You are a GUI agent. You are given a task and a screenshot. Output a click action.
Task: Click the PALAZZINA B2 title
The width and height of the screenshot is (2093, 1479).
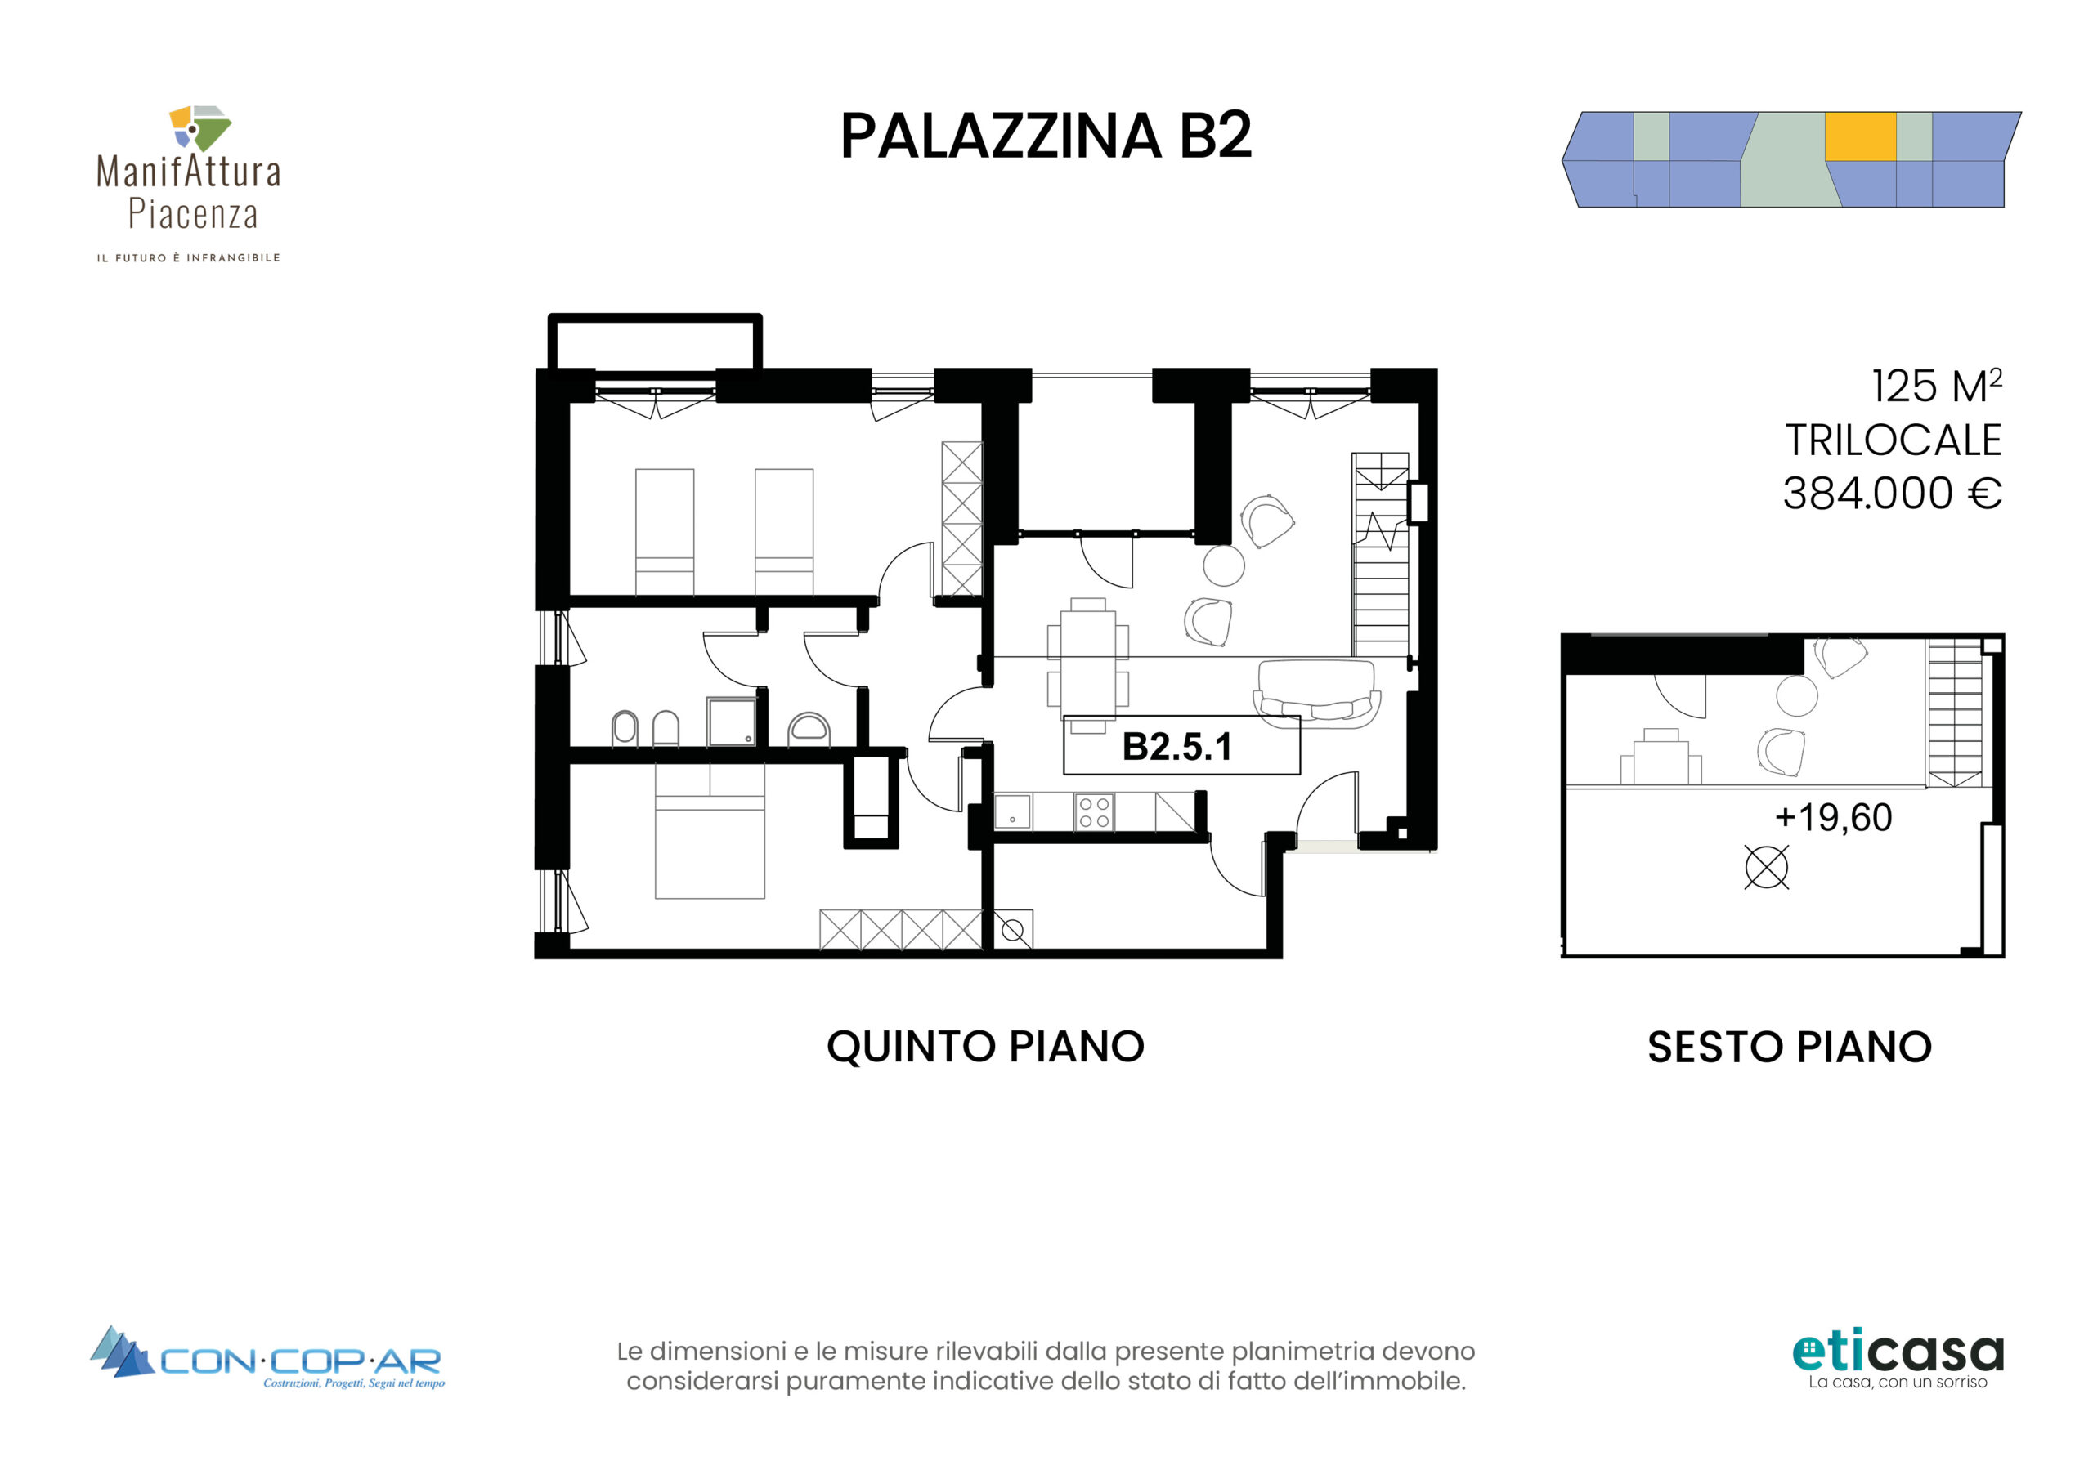tap(1046, 136)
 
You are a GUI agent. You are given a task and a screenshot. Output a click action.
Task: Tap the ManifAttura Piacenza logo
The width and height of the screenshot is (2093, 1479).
tap(189, 184)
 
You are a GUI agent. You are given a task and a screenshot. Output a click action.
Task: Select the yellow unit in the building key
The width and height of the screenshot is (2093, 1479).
tap(1860, 136)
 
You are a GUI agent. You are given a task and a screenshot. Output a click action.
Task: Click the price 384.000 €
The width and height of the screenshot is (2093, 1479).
tap(1892, 493)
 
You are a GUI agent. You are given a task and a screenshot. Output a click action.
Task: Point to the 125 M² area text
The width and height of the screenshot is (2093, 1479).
tap(1936, 386)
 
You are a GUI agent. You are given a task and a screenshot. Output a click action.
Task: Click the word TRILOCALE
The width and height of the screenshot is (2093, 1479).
tap(1893, 440)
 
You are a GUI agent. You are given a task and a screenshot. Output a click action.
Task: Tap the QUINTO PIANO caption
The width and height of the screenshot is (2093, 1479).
tap(985, 1046)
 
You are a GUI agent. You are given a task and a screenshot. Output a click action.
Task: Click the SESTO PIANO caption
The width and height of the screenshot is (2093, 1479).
tap(1790, 1047)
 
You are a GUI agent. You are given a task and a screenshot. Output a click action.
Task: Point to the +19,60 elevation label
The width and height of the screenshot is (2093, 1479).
tap(1833, 817)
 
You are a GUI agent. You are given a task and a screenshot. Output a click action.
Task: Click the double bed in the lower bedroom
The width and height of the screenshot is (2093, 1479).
tap(710, 831)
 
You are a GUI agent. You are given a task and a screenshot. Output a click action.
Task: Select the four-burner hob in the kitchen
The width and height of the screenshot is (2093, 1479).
tap(1094, 812)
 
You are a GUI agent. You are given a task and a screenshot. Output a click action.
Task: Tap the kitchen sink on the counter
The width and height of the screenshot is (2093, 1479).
tap(1012, 811)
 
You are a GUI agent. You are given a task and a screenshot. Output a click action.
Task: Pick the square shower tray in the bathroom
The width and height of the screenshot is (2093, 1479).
tap(731, 722)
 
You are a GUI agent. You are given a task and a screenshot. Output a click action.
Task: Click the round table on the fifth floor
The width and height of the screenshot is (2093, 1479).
tap(1223, 565)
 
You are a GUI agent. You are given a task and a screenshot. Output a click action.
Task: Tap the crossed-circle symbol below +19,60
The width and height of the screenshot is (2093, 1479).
tap(1767, 867)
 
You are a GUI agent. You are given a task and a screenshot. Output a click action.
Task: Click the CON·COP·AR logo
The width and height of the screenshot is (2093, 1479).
tap(267, 1359)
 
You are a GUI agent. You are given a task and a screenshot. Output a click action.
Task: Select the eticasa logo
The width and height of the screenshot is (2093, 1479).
tap(1898, 1361)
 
